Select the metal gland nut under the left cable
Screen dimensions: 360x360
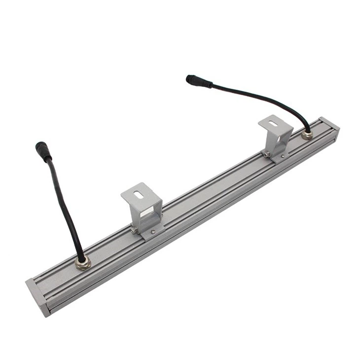pos(82,262)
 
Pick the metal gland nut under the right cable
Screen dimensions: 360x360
pos(307,134)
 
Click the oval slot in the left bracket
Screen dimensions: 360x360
pos(140,193)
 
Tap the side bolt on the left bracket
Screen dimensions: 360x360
pos(134,230)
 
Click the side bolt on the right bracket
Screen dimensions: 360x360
pos(266,154)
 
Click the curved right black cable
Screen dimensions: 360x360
pos(261,98)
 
